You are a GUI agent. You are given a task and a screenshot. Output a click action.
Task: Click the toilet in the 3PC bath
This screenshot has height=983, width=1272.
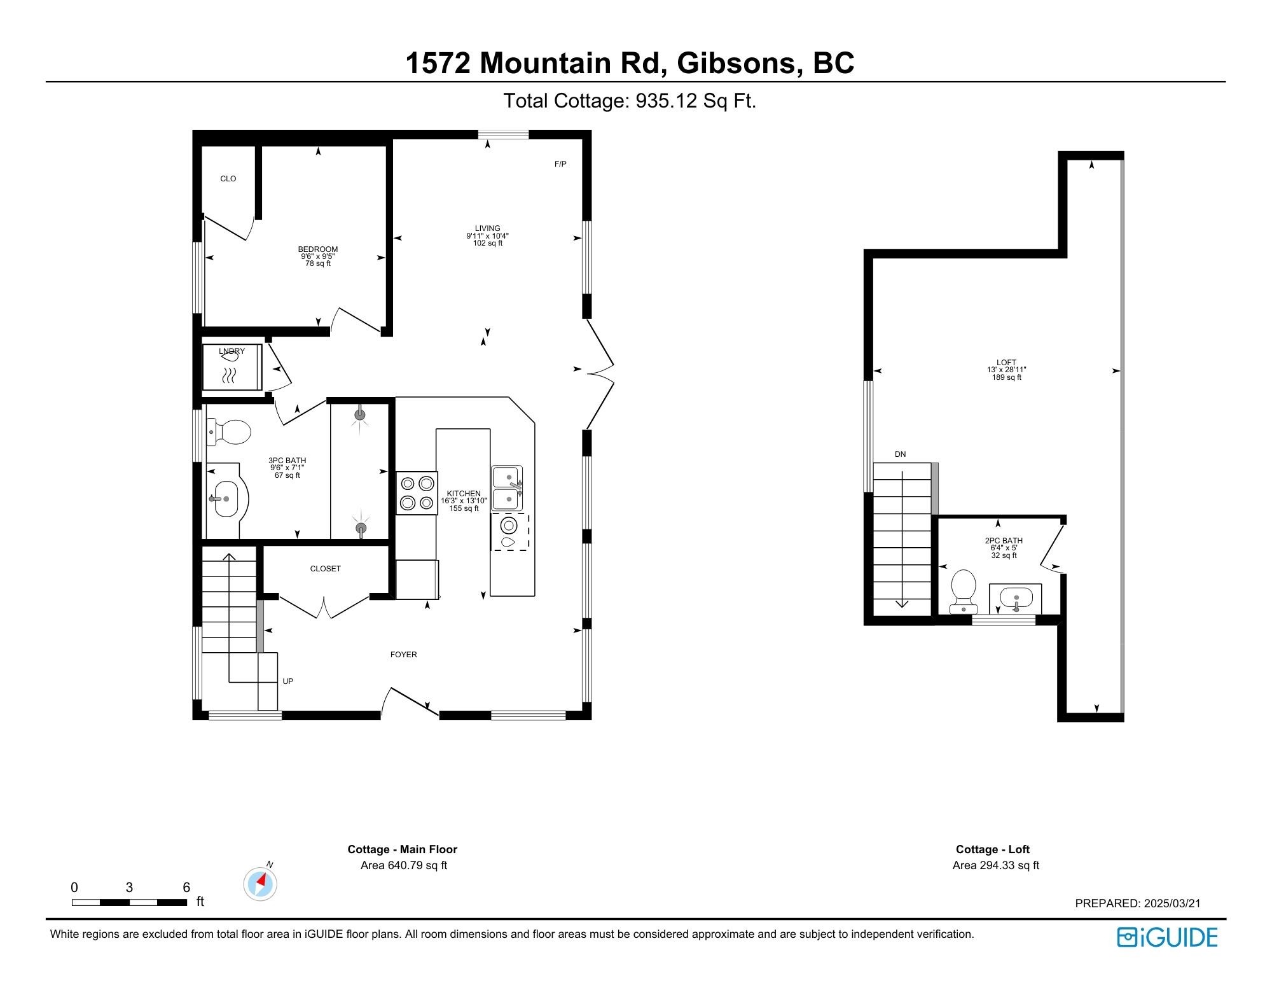[230, 433]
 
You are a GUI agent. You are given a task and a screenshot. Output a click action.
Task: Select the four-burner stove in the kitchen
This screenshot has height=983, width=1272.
[417, 492]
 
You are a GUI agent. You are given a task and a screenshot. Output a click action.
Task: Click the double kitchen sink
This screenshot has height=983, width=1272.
[508, 488]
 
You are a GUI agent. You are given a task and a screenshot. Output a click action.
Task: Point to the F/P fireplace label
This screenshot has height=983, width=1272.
[560, 164]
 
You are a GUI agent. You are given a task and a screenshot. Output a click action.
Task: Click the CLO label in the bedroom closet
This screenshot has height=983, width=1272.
[228, 179]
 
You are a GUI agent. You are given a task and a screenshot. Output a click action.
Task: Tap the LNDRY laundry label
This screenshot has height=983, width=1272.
[232, 351]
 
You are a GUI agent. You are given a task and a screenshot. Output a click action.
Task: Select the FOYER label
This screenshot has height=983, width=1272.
[403, 655]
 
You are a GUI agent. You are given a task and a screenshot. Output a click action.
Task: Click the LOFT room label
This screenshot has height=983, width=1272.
[1006, 363]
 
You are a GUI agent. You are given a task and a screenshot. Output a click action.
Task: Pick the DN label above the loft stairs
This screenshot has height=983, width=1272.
[900, 454]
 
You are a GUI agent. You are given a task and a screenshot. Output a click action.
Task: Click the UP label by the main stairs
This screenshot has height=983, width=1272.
[287, 681]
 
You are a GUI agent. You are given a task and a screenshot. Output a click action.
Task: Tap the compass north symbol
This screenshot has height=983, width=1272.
[260, 884]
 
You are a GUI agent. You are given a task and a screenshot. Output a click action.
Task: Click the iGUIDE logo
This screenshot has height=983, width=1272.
[1167, 937]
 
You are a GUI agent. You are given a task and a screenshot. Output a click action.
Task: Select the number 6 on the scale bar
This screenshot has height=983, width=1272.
[186, 888]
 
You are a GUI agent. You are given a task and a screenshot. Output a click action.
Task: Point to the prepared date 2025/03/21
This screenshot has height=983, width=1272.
[1172, 903]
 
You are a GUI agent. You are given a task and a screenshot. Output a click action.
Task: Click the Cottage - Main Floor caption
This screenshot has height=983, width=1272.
[402, 849]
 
